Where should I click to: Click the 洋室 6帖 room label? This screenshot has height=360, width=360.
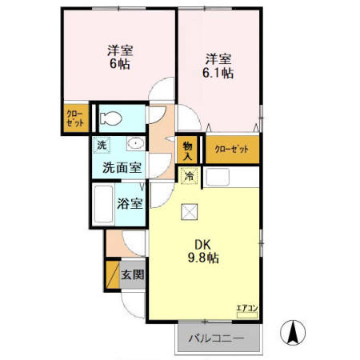(x=121, y=57)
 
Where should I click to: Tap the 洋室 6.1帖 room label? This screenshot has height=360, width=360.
(x=218, y=66)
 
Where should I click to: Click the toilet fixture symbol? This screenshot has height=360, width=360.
(x=111, y=119)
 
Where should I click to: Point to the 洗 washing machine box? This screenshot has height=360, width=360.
(x=102, y=146)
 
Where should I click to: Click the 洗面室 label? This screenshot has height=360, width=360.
(x=122, y=168)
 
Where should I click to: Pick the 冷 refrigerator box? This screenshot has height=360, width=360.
(x=190, y=175)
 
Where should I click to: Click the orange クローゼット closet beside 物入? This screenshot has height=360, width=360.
(x=232, y=149)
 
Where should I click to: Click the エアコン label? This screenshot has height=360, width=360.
(x=245, y=307)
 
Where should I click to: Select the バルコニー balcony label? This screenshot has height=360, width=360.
(x=215, y=338)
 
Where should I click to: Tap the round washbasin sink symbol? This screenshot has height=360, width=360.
(x=135, y=145)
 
